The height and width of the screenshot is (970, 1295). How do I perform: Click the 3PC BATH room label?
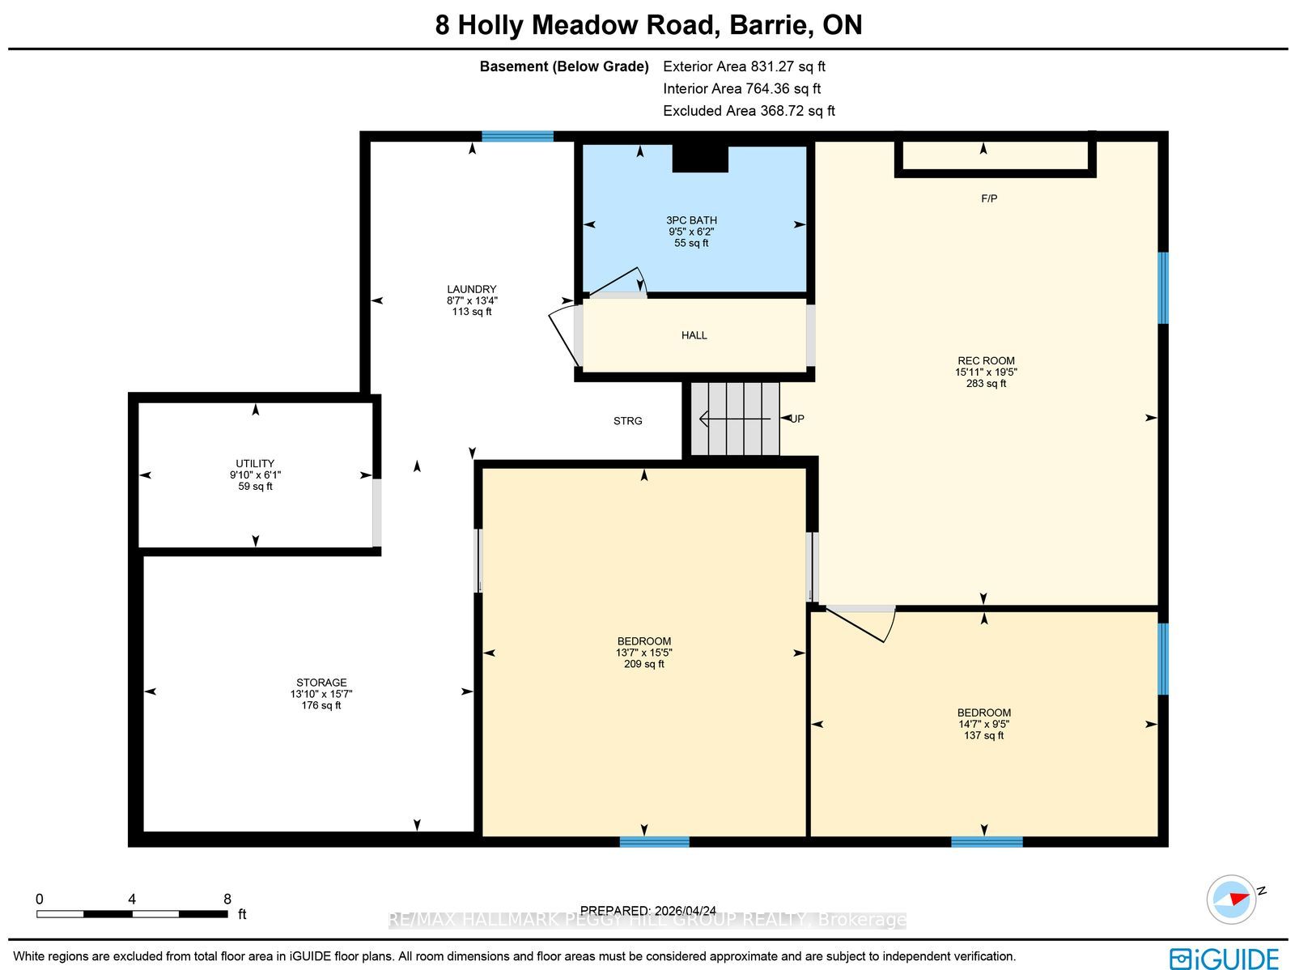pos(691,220)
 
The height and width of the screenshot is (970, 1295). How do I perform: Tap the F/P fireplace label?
pos(989,199)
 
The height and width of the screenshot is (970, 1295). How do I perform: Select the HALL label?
pos(694,335)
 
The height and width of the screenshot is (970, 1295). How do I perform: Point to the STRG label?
pos(628,421)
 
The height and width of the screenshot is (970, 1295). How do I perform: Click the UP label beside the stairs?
pos(797,419)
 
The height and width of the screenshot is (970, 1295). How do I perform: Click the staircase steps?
pos(735,419)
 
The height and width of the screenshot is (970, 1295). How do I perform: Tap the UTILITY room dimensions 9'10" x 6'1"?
pos(255,475)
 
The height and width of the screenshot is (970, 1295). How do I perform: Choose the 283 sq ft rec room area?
pos(986,384)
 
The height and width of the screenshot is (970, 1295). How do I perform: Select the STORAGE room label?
pos(321,683)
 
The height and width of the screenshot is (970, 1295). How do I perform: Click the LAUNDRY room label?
pos(471,289)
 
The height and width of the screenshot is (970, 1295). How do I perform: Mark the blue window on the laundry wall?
pos(517,136)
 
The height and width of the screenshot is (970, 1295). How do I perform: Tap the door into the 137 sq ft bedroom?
pos(861,623)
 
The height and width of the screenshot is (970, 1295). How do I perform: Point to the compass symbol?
pos(1231,900)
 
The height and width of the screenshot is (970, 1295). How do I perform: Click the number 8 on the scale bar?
pos(227,900)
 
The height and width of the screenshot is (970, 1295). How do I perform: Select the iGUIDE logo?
pos(1225,959)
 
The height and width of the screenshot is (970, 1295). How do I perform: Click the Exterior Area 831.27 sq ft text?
pos(744,66)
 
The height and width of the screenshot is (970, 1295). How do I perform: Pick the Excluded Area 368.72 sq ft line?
pos(749,111)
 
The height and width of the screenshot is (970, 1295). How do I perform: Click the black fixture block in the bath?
pos(700,159)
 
